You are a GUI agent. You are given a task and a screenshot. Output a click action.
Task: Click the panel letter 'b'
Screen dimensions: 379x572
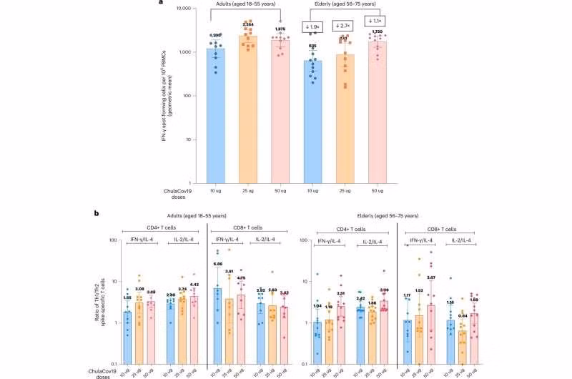click(92, 213)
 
